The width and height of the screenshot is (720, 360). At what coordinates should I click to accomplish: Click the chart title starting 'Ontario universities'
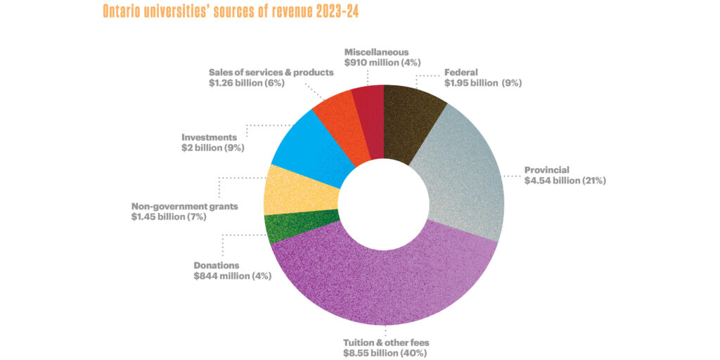coord(230,12)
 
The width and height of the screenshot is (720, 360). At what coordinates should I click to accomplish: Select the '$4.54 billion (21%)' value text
coord(565,181)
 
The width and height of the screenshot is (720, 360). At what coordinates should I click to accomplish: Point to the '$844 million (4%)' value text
coord(233,276)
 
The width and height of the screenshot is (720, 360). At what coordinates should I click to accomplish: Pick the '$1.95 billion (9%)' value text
coord(483,83)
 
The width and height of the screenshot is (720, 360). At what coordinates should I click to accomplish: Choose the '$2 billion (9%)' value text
coord(213,148)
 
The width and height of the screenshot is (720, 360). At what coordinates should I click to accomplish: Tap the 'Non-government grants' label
coord(185,207)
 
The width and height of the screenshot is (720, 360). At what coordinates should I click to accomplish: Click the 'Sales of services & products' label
coord(271,72)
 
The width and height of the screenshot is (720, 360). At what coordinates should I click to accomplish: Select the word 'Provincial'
coord(547,169)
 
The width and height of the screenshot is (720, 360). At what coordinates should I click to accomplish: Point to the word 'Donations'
coord(217,266)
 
